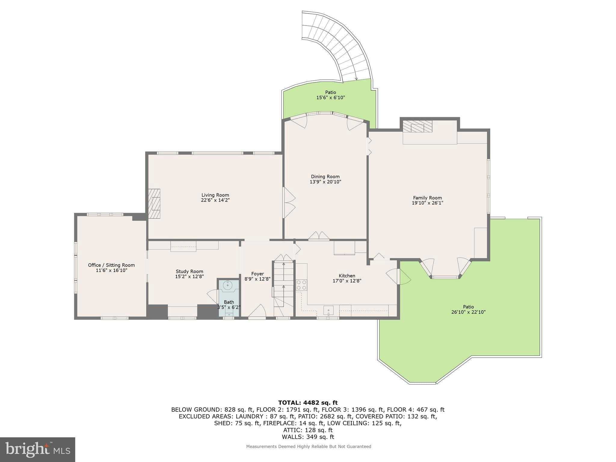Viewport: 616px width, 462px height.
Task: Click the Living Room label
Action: (215, 195)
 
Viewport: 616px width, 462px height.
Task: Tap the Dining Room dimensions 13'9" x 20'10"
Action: (325, 182)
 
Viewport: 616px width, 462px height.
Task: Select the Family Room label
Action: (427, 198)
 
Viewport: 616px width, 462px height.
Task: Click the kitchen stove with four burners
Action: (301, 285)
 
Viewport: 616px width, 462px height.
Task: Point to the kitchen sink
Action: (328, 310)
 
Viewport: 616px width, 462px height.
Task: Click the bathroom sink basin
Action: (228, 285)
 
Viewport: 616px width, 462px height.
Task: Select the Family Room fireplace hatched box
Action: (417, 127)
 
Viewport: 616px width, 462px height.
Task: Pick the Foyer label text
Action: (257, 274)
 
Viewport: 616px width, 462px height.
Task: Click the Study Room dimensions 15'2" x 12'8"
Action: (189, 277)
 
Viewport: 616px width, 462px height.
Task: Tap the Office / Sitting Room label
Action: (111, 265)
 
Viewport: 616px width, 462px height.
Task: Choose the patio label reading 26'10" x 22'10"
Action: (468, 312)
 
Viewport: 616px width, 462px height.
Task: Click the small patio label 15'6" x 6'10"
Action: (330, 98)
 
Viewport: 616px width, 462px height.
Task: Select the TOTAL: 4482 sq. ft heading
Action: (308, 402)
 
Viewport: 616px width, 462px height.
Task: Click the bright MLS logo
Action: (37, 449)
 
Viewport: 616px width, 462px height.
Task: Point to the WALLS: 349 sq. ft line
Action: (308, 437)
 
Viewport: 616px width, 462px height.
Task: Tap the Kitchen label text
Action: (347, 276)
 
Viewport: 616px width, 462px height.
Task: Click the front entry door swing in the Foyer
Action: (257, 311)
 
